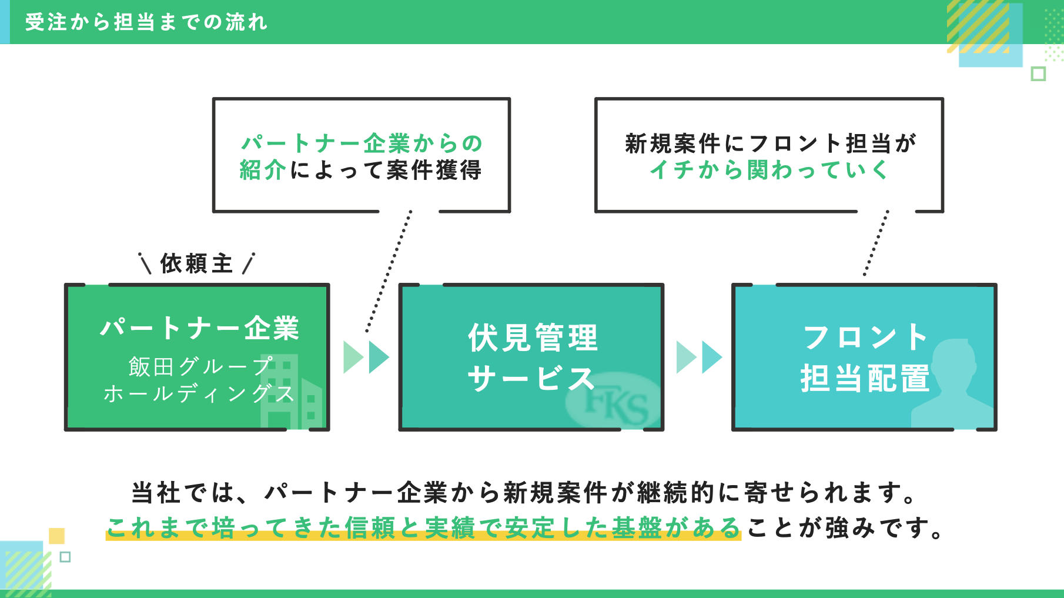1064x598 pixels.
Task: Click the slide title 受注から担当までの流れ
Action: coord(146,22)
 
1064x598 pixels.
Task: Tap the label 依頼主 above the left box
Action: coord(196,264)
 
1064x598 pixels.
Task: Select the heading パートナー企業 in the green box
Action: coord(199,328)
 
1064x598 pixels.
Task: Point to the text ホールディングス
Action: coord(199,393)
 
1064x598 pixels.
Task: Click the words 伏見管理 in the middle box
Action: coord(533,338)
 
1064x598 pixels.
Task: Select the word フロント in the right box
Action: coord(865,338)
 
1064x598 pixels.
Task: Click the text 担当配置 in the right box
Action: coord(865,378)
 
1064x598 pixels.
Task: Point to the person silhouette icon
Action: coord(953,385)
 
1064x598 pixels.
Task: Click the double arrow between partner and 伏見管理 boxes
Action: coord(366,357)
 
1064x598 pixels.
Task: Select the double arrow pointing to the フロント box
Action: coord(699,357)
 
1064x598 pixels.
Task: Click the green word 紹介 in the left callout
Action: coord(263,171)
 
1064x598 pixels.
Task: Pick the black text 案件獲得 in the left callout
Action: coord(434,171)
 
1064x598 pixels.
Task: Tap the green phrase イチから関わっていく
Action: coord(769,170)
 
